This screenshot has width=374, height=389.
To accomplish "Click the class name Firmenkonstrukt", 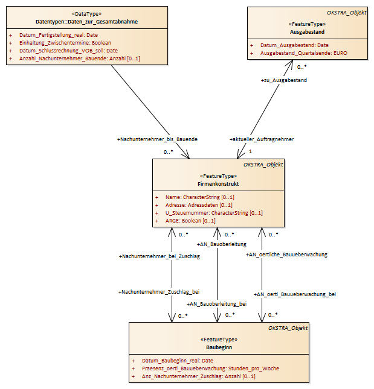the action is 218,184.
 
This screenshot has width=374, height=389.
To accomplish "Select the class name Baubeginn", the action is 219,347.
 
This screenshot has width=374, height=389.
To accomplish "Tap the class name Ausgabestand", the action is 307,32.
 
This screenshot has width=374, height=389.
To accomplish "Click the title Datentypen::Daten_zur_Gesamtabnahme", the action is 87,22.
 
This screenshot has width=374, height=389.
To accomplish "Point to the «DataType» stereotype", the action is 87,14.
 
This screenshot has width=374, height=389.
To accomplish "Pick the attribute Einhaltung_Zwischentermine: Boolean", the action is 65,43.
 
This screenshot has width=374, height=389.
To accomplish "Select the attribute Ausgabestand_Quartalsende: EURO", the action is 304,53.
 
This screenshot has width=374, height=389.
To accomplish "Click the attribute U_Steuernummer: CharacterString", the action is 214,213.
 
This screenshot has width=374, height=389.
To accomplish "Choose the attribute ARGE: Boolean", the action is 190,221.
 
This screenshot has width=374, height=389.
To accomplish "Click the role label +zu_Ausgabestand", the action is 284,80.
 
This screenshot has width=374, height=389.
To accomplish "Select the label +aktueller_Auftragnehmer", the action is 262,139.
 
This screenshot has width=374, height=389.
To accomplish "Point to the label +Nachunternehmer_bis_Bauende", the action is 157,139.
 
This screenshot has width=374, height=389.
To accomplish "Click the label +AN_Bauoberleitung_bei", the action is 217,304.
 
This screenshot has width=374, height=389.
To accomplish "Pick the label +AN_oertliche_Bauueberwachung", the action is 286,255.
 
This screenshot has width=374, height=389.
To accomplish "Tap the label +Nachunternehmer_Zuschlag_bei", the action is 159,292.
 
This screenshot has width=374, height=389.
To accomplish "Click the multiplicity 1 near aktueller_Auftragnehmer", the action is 251,151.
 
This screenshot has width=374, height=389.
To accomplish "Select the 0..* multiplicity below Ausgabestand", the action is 301,67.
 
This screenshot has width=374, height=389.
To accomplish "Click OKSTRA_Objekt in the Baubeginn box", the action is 288,328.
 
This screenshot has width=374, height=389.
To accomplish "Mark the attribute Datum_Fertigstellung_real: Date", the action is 59,35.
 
